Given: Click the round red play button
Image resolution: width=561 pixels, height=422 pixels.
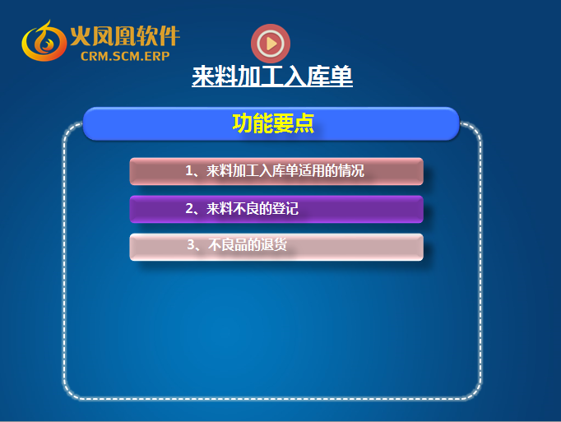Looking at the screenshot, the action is click(x=271, y=44).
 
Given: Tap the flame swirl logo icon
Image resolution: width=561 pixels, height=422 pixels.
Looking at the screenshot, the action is click(x=44, y=41).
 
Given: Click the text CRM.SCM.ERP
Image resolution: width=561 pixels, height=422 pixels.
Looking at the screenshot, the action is click(x=125, y=56).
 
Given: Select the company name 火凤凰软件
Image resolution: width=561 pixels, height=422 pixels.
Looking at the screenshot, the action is click(x=125, y=36).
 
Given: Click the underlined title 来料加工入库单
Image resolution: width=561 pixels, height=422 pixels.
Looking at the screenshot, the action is click(x=272, y=76).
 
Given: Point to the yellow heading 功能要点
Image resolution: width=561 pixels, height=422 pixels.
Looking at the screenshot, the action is click(x=273, y=123).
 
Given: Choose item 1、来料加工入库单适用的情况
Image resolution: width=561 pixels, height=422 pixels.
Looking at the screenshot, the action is click(x=275, y=171).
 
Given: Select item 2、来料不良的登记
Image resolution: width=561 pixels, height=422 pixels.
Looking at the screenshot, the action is click(x=242, y=209).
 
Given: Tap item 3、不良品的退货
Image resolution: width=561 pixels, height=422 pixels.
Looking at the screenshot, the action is click(x=237, y=245).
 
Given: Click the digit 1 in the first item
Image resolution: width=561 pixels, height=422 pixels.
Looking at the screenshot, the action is click(x=189, y=171).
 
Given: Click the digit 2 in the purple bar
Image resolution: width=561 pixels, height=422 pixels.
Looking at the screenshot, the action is click(x=190, y=209).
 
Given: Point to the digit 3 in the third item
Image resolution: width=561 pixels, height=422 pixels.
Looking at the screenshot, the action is click(x=191, y=245).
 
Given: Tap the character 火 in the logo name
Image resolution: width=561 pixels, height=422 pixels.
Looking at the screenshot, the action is click(x=80, y=36).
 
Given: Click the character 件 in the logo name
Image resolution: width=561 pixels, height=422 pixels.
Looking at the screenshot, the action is click(x=169, y=36).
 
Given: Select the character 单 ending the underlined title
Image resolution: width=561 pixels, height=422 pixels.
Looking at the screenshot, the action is click(x=341, y=76).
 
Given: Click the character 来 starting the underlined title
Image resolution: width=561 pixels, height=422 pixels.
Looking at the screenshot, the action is click(x=203, y=76).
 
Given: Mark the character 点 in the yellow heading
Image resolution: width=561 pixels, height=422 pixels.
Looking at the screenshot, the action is click(x=304, y=123).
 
